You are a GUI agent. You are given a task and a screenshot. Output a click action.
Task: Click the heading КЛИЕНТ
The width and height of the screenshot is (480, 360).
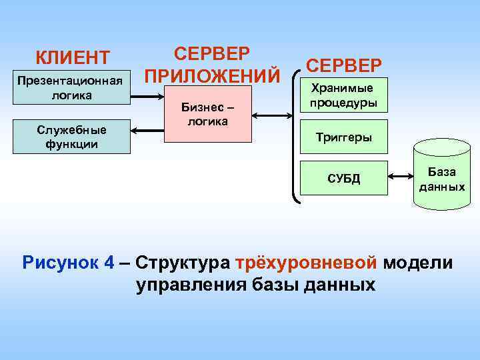(x=73, y=57)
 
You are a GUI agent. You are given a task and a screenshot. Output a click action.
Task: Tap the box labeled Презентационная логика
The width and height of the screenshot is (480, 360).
(x=71, y=88)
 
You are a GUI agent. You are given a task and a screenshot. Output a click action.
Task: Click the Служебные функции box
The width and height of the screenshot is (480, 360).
(x=71, y=136)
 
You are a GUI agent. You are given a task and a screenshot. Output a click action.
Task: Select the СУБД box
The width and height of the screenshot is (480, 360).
(x=343, y=178)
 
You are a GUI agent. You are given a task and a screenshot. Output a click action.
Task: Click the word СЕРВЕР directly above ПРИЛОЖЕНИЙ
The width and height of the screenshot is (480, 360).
(x=212, y=53)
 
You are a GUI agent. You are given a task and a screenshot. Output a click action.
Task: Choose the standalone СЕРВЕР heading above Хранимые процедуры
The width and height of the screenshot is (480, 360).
(x=344, y=65)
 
